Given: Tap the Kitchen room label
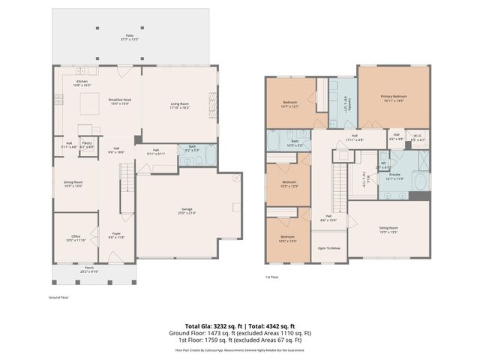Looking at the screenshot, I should click(82, 83).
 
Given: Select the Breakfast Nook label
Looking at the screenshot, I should click(120, 100).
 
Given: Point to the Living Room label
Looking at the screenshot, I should click(179, 106).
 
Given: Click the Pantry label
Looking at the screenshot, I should click(87, 144).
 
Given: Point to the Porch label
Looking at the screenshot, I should click(88, 268).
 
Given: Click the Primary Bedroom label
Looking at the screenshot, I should click(394, 97).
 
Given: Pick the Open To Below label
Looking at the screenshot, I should click(329, 247).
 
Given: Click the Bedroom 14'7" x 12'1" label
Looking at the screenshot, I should click(290, 104).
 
